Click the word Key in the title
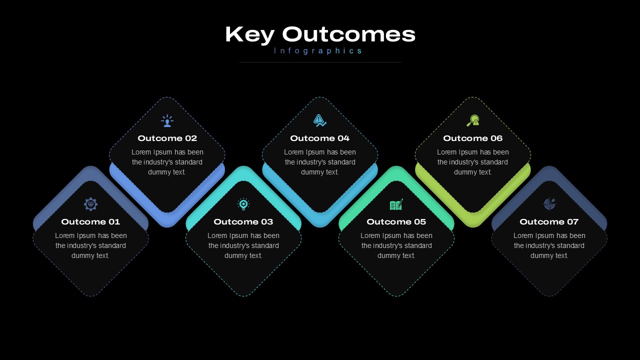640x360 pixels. (x=249, y=35)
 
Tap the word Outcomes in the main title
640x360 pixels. (x=348, y=34)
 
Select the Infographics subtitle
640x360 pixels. (x=317, y=51)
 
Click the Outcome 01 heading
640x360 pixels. (x=90, y=221)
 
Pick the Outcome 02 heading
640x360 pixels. (x=167, y=138)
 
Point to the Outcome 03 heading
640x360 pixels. (x=243, y=221)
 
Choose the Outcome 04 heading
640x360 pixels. (x=319, y=138)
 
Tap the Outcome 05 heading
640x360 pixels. (x=396, y=221)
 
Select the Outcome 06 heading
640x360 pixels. (x=473, y=138)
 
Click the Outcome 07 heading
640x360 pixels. (x=549, y=221)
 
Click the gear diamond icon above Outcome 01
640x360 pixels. (x=91, y=204)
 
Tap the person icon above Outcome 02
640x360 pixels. (x=167, y=121)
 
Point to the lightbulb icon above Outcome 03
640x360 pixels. (x=243, y=204)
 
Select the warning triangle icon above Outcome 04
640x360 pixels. (x=319, y=120)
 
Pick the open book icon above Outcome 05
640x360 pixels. (x=396, y=204)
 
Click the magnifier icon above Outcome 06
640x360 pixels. (x=473, y=120)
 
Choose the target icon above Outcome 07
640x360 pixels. (x=549, y=204)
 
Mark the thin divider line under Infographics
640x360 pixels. (x=320, y=62)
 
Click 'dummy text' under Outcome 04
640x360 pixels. (x=319, y=172)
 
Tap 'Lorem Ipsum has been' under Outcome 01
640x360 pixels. (x=91, y=235)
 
